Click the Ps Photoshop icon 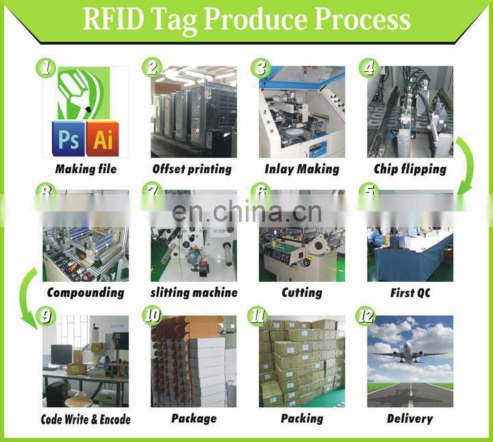[68, 140]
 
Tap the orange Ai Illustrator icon [103, 140]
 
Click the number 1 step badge [46, 67]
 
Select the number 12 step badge [366, 316]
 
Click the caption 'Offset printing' [192, 169]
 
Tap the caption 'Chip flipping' [410, 169]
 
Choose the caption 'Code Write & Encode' [86, 419]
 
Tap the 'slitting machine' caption [194, 293]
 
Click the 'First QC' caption [410, 293]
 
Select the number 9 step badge [46, 316]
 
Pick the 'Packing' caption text [301, 418]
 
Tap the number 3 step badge [260, 67]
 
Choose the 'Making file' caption [86, 169]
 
